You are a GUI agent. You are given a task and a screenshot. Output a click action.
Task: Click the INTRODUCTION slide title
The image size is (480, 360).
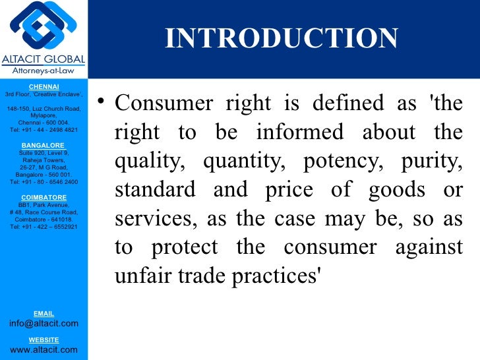[282, 38]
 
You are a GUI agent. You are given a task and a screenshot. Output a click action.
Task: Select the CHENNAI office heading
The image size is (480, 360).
[44, 86]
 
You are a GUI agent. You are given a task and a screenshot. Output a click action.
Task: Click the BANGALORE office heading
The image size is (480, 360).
[44, 145]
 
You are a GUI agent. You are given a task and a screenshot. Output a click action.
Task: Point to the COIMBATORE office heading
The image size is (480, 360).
[44, 197]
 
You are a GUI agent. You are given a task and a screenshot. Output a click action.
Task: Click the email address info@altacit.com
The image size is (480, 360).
[44, 323]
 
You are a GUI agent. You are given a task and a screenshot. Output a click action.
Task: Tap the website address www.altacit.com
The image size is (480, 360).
[44, 349]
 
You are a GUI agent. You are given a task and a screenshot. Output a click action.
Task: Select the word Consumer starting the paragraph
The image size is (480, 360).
[157, 104]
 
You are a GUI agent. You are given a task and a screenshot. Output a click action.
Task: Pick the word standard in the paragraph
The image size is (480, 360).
[155, 190]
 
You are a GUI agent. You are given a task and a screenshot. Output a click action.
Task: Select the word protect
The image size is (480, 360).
[187, 248]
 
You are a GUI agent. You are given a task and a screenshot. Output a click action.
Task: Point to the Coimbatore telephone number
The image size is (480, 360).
[44, 227]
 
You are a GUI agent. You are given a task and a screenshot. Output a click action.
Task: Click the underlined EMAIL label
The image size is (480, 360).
[44, 313]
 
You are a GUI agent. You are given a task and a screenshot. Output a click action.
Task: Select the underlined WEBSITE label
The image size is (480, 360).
[44, 340]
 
